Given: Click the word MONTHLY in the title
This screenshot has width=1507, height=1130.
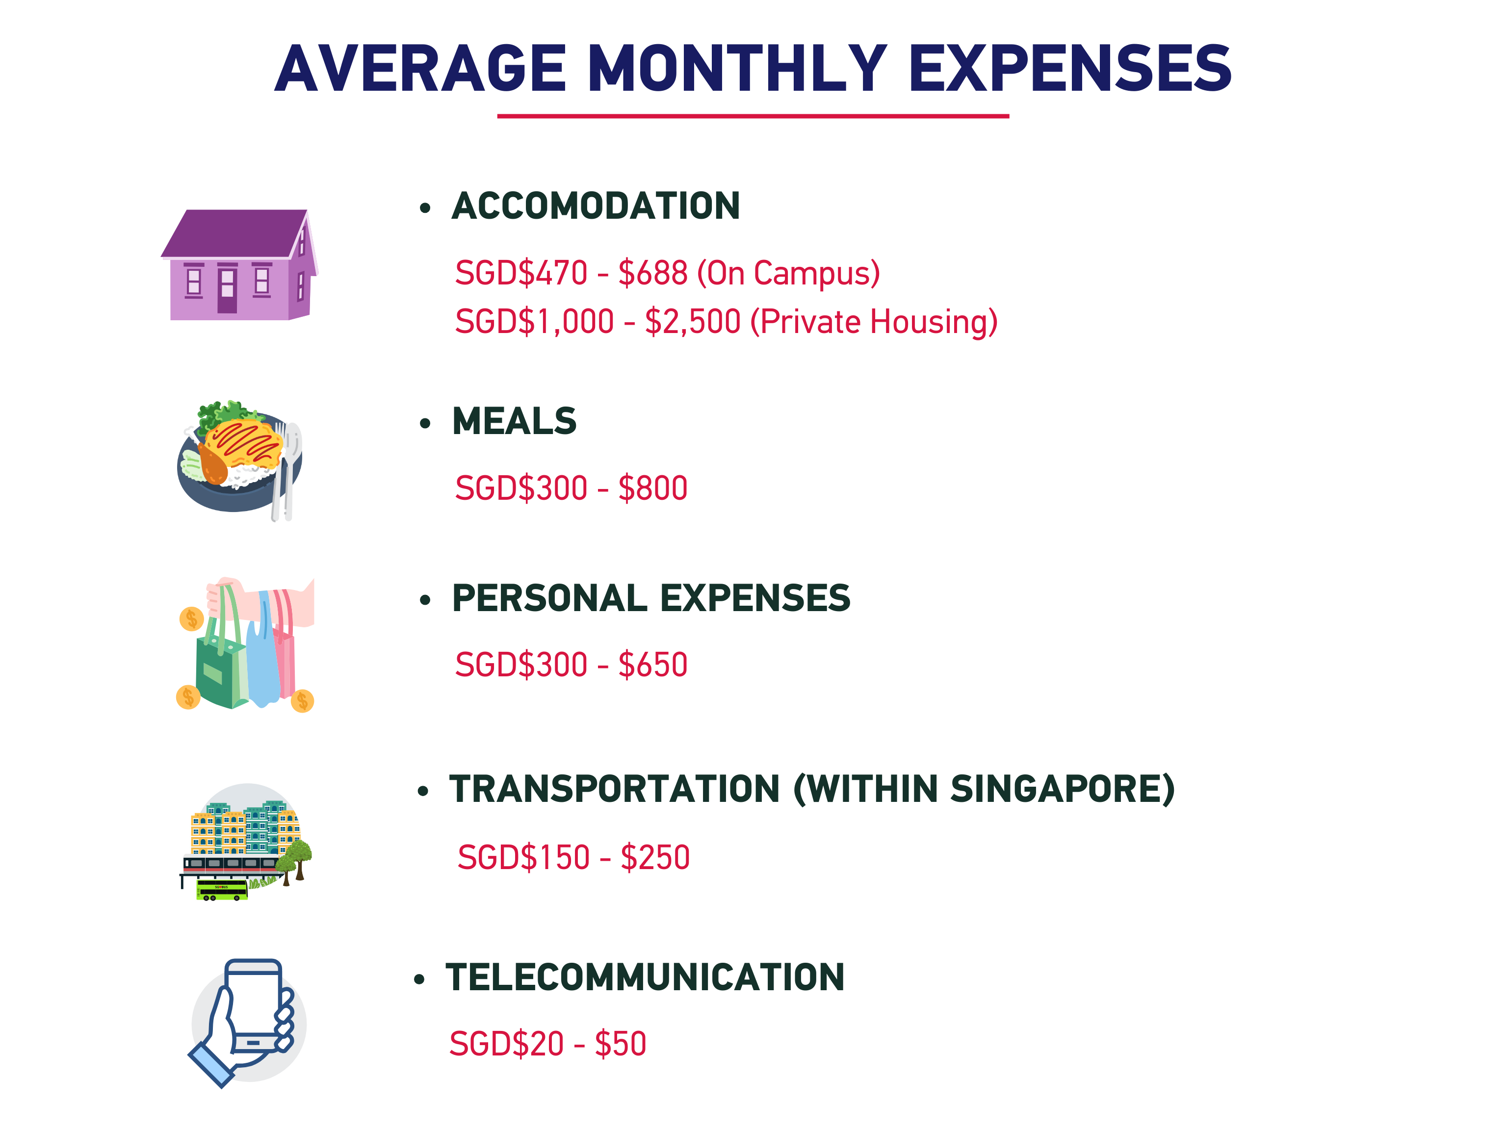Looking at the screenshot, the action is coord(736,68).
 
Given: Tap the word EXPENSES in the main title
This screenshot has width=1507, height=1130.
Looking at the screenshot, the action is coord(1070,68).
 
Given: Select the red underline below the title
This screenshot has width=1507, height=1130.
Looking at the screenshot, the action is coord(753,116).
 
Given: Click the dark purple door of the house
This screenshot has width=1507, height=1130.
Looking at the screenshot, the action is coord(228,291).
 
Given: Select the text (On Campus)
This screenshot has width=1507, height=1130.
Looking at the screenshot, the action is coord(788,273).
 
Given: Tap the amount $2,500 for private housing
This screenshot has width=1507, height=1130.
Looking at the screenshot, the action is coord(692,322).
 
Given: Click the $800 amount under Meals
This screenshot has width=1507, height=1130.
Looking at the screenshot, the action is coord(652,488).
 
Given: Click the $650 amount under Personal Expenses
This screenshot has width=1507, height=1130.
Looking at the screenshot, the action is coord(652,664).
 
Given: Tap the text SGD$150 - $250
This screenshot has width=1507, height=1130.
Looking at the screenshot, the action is coord(573,857).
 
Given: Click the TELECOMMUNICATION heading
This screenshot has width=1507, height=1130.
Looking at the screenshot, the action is coord(645,977).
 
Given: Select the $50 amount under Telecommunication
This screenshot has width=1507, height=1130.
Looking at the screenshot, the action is coord(620,1044).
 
